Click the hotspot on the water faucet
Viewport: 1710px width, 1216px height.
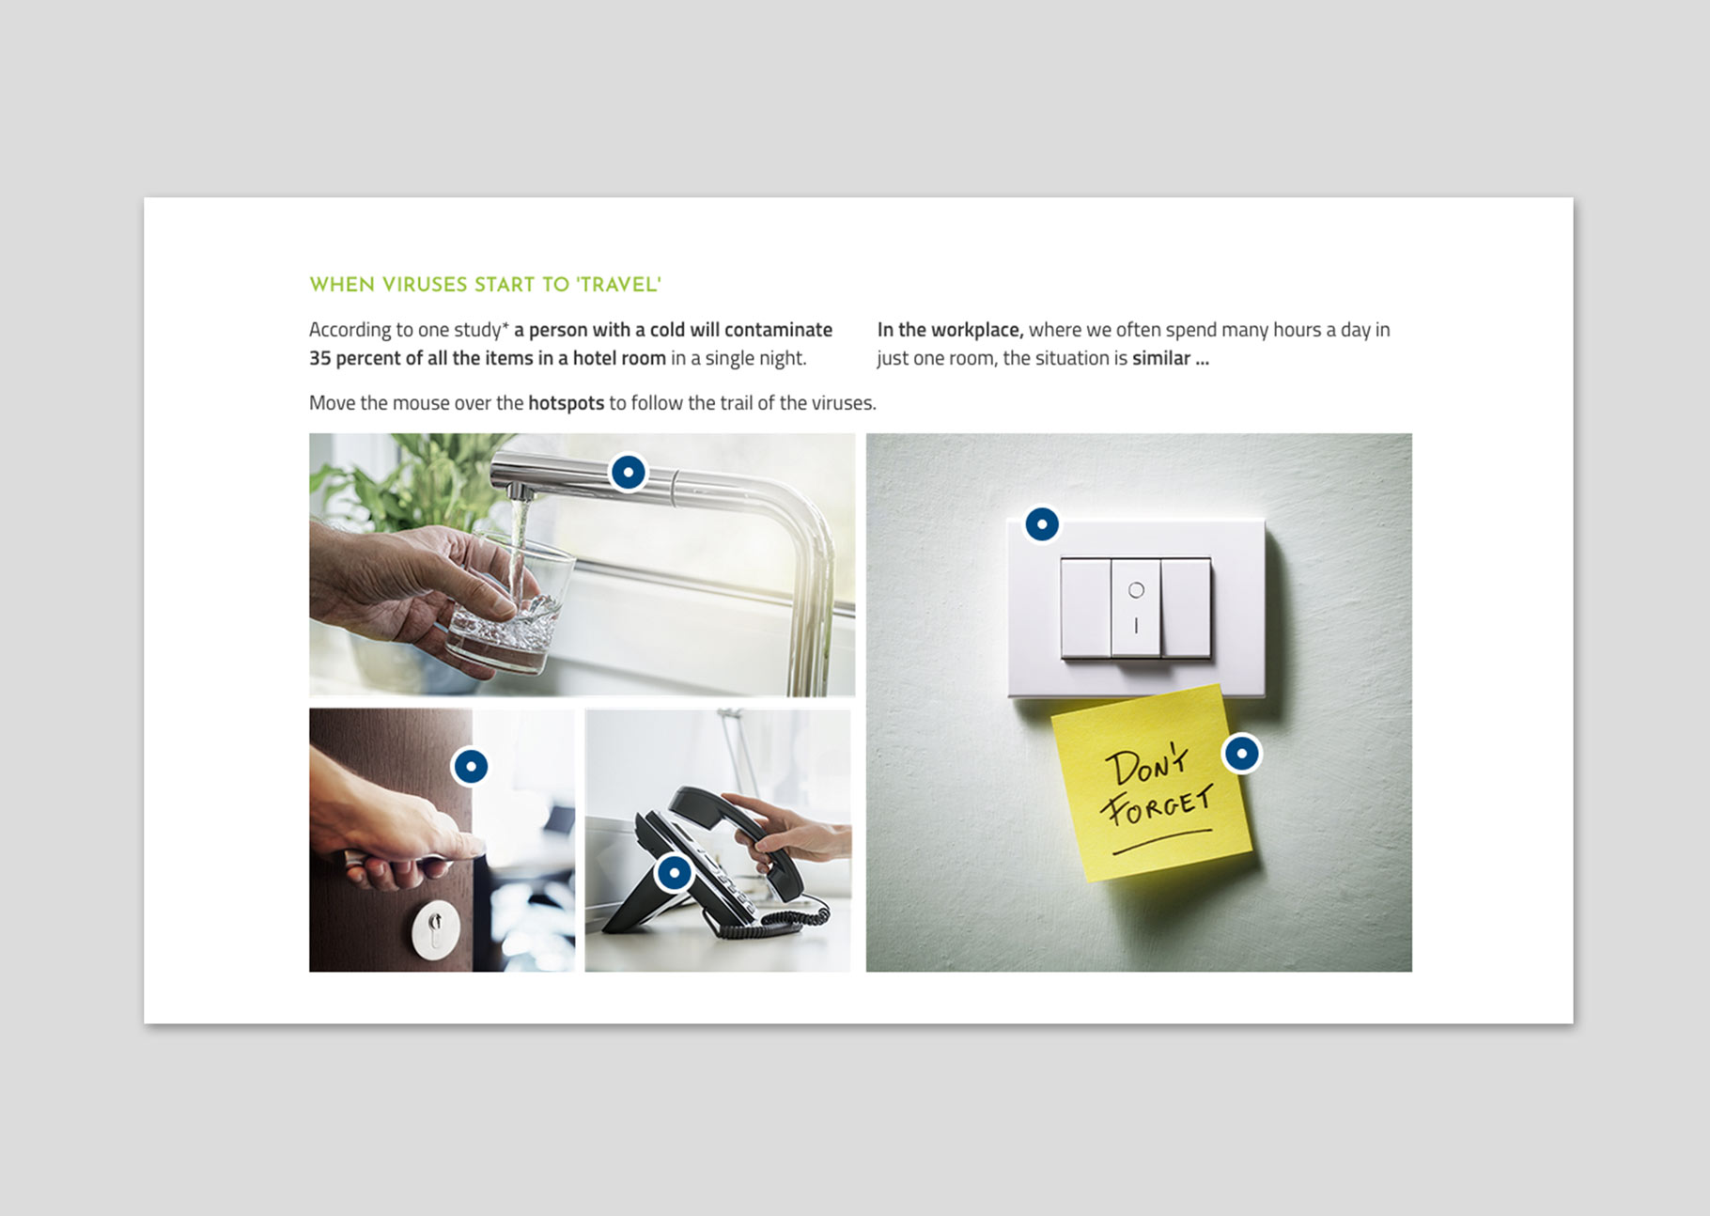[629, 472]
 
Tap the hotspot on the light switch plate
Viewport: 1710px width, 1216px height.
[1042, 524]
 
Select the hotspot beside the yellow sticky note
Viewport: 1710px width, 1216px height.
[1242, 753]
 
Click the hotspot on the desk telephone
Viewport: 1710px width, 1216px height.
[675, 873]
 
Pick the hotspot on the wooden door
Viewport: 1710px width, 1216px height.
[471, 767]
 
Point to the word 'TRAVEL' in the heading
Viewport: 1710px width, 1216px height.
[619, 285]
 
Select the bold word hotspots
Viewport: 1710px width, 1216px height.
[566, 403]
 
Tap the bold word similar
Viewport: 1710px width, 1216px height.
[1161, 358]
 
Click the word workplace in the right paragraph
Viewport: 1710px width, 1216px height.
[972, 330]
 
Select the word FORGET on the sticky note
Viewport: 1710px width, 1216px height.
[1158, 806]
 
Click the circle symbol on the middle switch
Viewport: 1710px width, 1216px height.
[1136, 590]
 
